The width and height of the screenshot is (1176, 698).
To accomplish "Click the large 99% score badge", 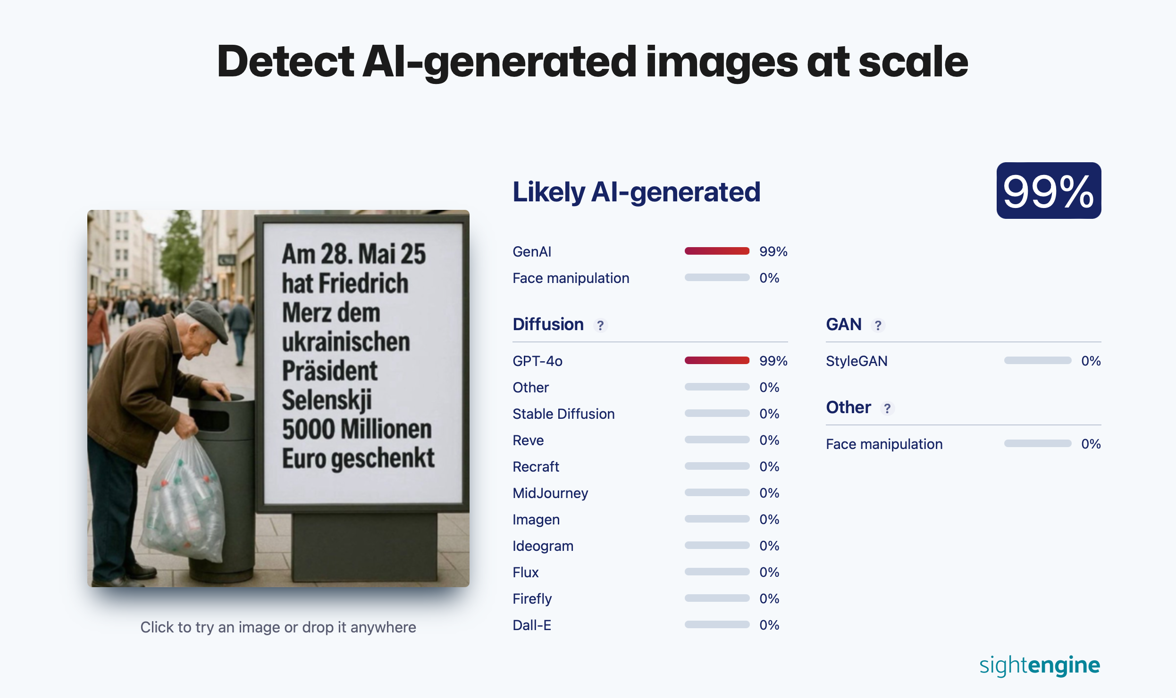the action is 1049,191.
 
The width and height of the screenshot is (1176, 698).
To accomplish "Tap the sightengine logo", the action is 1040,665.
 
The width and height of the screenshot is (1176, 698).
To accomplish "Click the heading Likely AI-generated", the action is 637,192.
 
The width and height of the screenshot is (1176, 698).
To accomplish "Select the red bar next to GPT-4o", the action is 717,360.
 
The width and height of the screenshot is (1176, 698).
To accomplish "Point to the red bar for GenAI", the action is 717,251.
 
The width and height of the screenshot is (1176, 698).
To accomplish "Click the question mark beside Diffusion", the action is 600,325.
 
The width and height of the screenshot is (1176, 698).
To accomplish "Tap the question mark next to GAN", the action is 878,325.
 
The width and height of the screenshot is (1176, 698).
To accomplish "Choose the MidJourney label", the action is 550,493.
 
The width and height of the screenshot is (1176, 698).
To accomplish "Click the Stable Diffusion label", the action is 563,414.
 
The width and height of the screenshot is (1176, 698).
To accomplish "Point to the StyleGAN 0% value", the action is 1091,361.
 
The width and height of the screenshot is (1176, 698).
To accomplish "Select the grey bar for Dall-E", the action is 717,624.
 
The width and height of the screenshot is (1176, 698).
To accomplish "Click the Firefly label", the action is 532,598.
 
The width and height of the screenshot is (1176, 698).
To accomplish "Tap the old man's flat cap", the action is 208,318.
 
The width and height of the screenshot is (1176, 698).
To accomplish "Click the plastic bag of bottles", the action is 184,500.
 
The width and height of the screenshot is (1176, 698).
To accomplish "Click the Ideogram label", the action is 543,546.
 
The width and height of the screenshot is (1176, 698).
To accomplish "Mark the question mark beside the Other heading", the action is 887,408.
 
